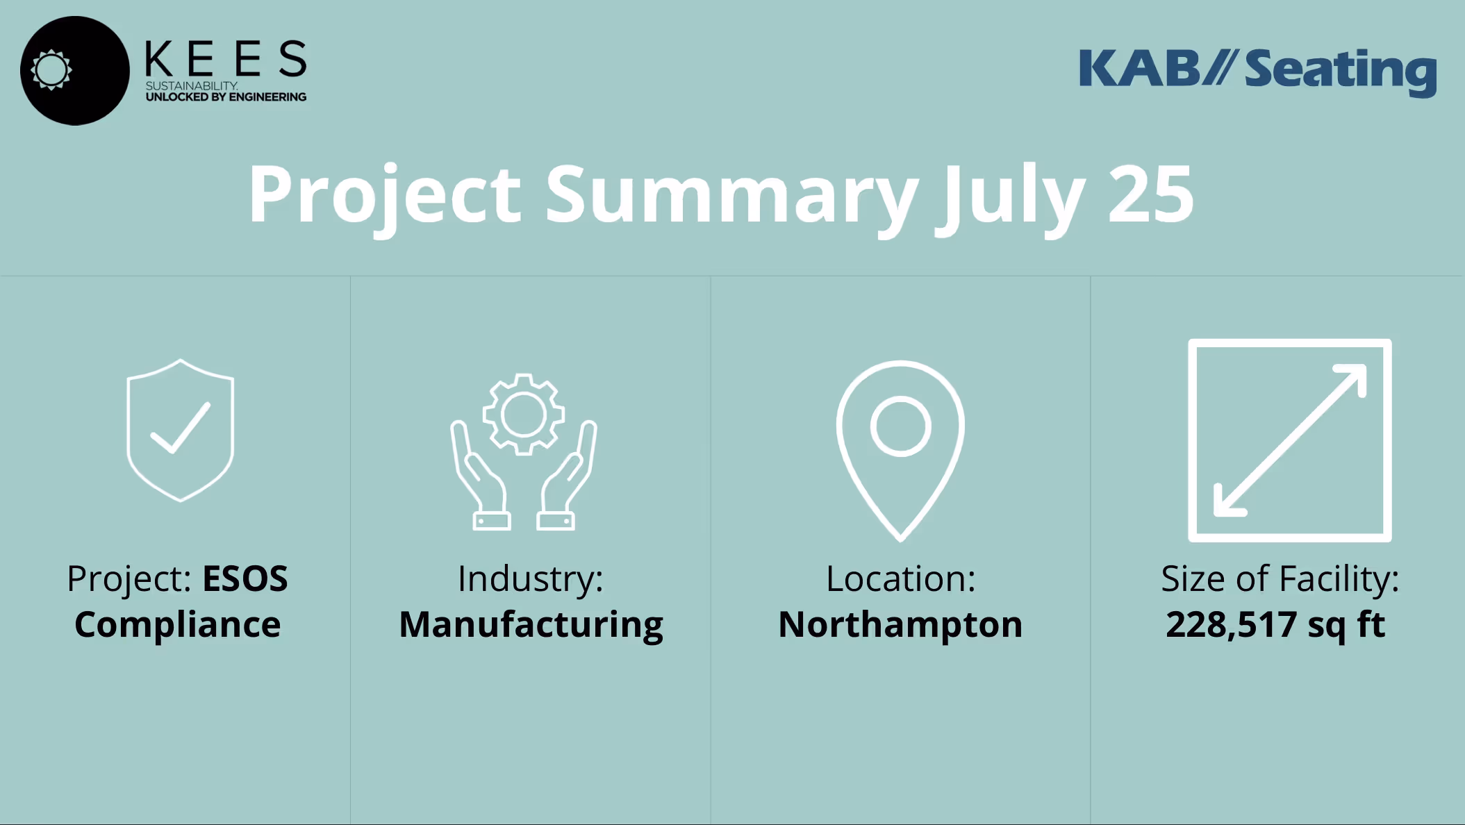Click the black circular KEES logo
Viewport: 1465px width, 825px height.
pyautogui.click(x=75, y=71)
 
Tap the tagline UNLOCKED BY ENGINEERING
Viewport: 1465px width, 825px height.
pyautogui.click(x=226, y=97)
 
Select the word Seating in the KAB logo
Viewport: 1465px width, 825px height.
pyautogui.click(x=1340, y=71)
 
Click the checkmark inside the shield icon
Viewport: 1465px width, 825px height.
pyautogui.click(x=181, y=428)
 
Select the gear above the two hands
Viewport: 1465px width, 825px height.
pyautogui.click(x=523, y=415)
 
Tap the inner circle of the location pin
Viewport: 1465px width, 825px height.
pyautogui.click(x=900, y=426)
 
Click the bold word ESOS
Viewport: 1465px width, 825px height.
pyautogui.click(x=245, y=578)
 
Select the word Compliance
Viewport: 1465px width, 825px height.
pyautogui.click(x=177, y=624)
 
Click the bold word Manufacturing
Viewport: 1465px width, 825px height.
pyautogui.click(x=531, y=624)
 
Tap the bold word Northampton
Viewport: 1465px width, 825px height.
pyautogui.click(x=900, y=624)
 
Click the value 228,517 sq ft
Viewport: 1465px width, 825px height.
pyautogui.click(x=1275, y=624)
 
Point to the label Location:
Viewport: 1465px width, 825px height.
pyautogui.click(x=900, y=578)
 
